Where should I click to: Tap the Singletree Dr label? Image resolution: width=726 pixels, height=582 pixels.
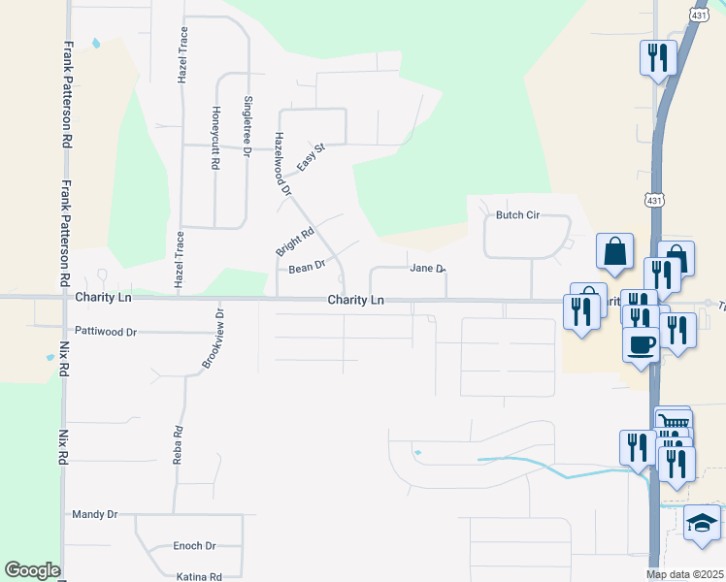pos(247,126)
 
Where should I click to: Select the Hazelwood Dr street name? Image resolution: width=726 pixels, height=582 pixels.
pos(282,164)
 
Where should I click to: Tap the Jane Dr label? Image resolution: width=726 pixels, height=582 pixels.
pos(427,268)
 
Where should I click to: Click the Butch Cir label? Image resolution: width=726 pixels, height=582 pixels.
pos(517,215)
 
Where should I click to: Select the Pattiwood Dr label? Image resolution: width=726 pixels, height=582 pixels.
pos(106,332)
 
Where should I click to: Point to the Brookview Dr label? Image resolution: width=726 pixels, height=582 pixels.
pos(213,339)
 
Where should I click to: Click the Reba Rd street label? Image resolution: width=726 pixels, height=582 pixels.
pos(178,445)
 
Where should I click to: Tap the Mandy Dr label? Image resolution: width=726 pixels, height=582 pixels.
pos(95,514)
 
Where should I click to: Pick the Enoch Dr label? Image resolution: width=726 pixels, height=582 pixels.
pos(194,546)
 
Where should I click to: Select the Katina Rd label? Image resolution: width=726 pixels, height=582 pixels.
pos(200,576)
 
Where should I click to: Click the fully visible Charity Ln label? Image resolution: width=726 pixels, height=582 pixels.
pos(355,301)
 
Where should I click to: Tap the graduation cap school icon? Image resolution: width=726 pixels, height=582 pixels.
pos(702,524)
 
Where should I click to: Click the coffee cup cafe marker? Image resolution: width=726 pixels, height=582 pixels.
pos(641,343)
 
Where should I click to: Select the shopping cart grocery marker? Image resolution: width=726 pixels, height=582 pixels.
pos(673,420)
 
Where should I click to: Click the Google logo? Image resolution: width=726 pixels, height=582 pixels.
pos(32,570)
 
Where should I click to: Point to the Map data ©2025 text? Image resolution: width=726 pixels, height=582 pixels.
pos(685,574)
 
